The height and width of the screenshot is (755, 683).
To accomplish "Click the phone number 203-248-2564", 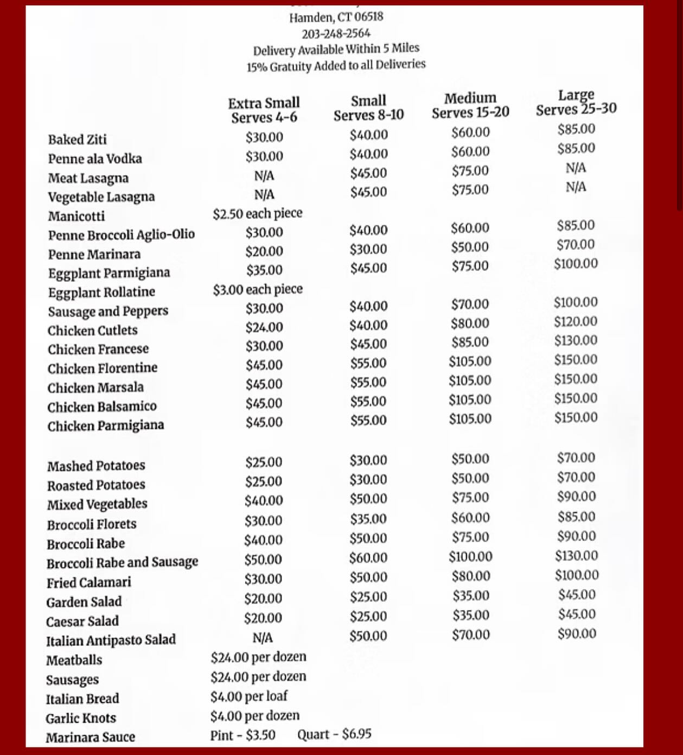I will click(x=336, y=34).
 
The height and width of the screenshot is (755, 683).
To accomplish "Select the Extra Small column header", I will click(x=264, y=110).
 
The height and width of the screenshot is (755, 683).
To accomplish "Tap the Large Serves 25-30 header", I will click(x=576, y=103).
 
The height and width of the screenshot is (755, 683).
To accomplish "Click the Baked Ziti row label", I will click(x=77, y=139).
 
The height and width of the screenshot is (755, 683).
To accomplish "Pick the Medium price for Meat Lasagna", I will click(x=470, y=171).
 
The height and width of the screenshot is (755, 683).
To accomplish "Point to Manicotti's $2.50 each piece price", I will click(x=257, y=213).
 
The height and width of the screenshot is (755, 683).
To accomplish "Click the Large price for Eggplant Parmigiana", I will click(x=576, y=264).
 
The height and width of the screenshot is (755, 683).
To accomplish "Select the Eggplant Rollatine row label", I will click(x=101, y=292).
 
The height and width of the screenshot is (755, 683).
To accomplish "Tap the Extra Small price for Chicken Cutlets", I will click(x=264, y=327).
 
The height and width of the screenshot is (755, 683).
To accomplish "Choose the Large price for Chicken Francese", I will click(x=576, y=341).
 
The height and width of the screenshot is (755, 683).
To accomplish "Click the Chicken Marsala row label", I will click(x=95, y=388).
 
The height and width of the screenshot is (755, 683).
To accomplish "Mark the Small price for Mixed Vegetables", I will click(x=368, y=499).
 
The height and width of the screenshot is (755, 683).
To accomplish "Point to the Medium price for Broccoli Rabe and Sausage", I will click(x=470, y=557).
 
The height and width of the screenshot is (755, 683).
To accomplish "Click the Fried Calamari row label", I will click(x=89, y=582).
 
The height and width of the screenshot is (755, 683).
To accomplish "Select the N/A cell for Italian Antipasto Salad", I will click(x=263, y=637).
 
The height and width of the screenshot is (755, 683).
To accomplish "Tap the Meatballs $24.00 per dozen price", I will click(x=258, y=657).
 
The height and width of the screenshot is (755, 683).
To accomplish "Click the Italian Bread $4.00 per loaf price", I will click(x=249, y=696).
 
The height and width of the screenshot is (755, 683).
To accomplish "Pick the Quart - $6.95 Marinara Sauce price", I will click(x=334, y=734).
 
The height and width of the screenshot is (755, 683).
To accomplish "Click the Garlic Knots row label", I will click(x=81, y=718).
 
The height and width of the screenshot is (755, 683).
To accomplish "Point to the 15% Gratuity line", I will click(x=336, y=66).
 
